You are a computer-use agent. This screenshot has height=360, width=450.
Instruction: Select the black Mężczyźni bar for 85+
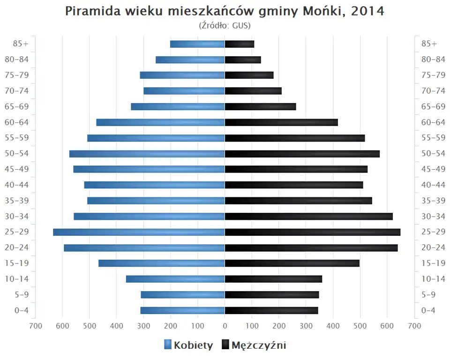point(240,44)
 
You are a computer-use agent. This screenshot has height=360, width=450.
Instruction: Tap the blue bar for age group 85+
point(197,44)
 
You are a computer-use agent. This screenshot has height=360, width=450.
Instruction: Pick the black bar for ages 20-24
point(311,247)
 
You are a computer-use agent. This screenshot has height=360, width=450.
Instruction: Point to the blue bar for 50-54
point(147,154)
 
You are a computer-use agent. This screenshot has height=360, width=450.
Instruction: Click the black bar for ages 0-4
point(271,310)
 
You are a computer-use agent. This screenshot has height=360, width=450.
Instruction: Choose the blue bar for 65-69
point(178,106)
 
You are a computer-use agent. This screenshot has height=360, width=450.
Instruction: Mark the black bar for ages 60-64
point(281,122)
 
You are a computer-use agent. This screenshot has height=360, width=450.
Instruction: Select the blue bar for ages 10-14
point(175,279)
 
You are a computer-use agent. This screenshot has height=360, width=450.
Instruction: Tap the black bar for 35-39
point(299,201)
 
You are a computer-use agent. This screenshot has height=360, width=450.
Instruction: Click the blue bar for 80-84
point(190,60)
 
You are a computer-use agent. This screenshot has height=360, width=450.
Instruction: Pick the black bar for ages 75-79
point(249,75)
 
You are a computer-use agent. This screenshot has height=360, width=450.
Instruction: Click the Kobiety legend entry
point(188,345)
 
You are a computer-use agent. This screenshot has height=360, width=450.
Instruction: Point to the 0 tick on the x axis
point(225,325)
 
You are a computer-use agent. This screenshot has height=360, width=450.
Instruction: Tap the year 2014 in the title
point(367,11)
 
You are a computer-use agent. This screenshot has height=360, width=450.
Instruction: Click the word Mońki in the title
point(321,11)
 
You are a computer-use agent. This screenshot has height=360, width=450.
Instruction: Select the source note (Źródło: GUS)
point(225,25)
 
